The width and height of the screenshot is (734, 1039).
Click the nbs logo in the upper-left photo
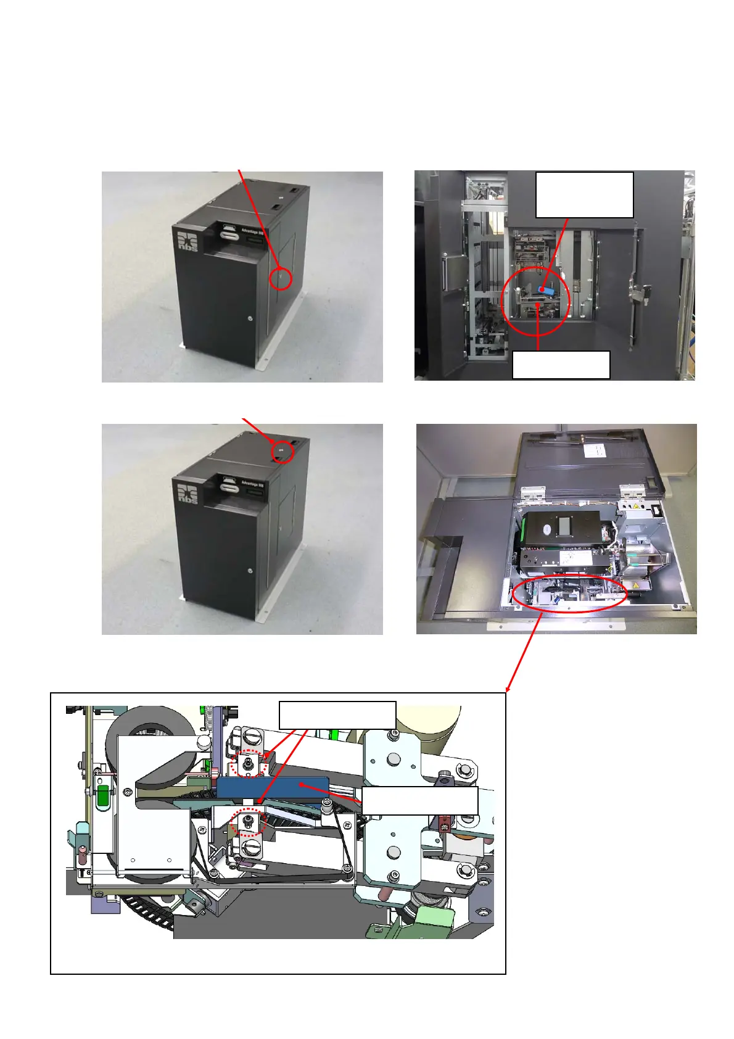tap(188, 241)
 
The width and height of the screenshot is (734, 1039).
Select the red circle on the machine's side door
tap(280, 278)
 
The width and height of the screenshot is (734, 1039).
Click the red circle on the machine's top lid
tap(282, 452)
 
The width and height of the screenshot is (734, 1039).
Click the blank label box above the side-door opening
tap(584, 194)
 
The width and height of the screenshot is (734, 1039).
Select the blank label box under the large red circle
tap(561, 365)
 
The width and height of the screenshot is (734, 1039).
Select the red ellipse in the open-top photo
tap(569, 594)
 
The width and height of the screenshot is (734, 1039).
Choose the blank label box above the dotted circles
tap(337, 715)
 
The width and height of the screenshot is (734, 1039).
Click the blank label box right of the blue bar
tap(419, 801)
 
